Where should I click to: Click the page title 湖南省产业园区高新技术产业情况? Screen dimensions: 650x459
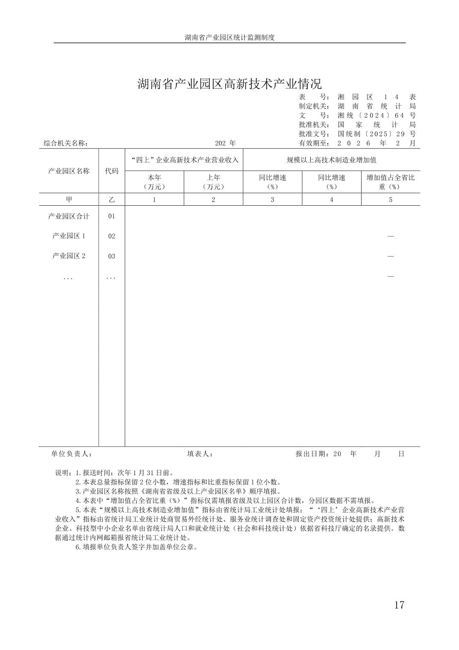[x=229, y=84]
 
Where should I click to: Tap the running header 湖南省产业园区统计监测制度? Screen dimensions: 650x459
[x=229, y=37]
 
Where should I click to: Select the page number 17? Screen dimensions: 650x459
[x=399, y=605]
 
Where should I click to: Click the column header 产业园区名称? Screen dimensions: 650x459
[x=69, y=171]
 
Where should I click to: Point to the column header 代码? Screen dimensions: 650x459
[x=112, y=171]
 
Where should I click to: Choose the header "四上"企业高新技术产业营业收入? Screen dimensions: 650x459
[x=184, y=160]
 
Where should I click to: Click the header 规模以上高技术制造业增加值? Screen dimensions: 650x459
[x=331, y=160]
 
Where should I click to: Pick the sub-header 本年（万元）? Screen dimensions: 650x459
[x=154, y=182]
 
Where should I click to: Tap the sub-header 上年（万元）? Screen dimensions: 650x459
[x=213, y=182]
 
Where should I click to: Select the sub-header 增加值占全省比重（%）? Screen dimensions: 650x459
[x=390, y=182]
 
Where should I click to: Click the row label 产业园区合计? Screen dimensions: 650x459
[x=69, y=216]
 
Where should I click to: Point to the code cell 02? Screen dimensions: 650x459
[x=112, y=236]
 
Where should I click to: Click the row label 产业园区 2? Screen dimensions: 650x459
[x=69, y=256]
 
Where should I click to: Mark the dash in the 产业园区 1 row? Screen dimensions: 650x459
[x=390, y=236]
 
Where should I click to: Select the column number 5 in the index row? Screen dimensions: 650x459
[x=390, y=200]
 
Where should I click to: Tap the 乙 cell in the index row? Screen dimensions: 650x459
[x=112, y=200]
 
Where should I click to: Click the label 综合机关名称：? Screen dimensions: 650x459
[x=66, y=144]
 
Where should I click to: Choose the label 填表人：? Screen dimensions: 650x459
[x=200, y=454]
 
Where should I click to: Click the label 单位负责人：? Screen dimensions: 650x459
[x=71, y=454]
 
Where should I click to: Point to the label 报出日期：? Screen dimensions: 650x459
[x=312, y=454]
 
